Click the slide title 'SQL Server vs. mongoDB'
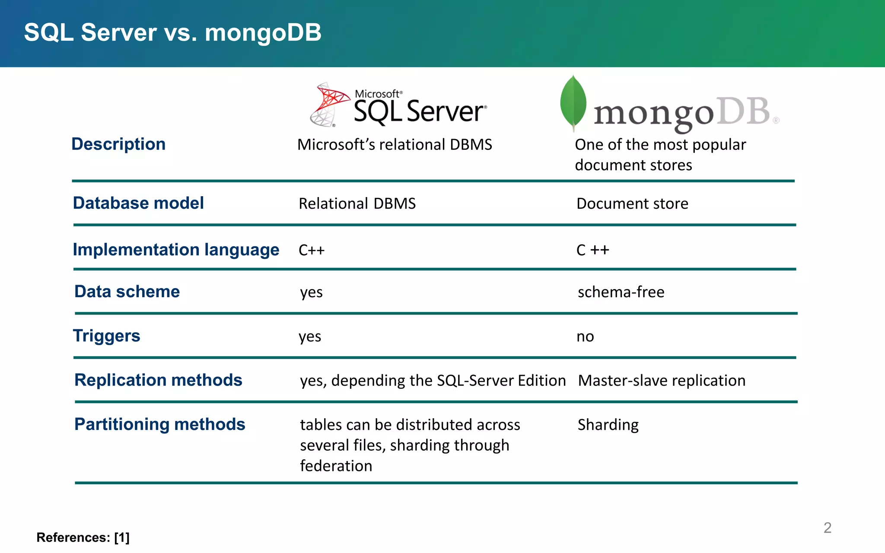[x=172, y=32]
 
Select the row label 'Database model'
[x=138, y=203]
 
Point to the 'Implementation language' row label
[x=176, y=250]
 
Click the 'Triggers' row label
[x=106, y=336]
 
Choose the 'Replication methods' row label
[x=158, y=380]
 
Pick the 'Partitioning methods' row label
[x=159, y=424]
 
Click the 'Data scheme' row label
[x=127, y=292]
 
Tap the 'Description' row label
[x=118, y=144]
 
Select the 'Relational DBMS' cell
[x=357, y=203]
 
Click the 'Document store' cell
[x=632, y=203]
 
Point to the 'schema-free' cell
[x=621, y=292]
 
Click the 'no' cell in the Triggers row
[x=585, y=337]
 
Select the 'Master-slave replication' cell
[x=662, y=381]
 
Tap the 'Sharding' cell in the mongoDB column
[x=608, y=425]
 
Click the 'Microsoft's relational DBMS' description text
[x=395, y=145]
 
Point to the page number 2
[x=827, y=528]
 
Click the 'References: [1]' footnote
[x=83, y=537]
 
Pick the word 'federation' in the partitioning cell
[x=336, y=466]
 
